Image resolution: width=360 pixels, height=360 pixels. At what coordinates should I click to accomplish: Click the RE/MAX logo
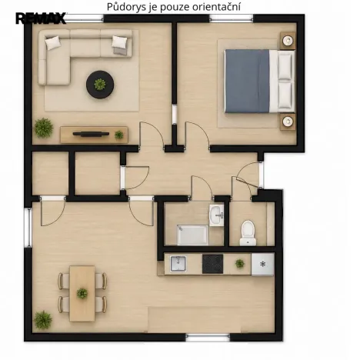(41, 18)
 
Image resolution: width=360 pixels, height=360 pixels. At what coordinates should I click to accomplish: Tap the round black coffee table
(100, 85)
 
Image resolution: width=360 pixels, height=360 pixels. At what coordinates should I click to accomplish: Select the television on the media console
(91, 134)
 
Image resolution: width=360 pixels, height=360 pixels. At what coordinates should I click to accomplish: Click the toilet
(248, 233)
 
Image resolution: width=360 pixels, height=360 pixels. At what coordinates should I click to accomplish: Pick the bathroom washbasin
(216, 215)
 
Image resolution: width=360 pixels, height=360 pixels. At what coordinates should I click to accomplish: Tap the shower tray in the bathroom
(192, 235)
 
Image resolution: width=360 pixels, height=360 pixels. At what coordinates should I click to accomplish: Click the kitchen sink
(178, 264)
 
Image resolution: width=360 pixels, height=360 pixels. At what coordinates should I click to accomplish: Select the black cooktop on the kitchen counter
(212, 264)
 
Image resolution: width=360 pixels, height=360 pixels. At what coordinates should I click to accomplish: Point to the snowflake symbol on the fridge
(262, 264)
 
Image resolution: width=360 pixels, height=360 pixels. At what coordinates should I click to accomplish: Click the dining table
(82, 293)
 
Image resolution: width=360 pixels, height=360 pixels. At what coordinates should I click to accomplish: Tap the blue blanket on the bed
(247, 82)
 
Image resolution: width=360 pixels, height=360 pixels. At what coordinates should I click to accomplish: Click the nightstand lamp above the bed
(288, 40)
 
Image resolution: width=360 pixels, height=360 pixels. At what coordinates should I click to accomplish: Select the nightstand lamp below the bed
(288, 121)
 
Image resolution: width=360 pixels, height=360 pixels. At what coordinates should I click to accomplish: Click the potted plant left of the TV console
(44, 128)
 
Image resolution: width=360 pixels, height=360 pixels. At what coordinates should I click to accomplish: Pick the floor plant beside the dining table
(43, 320)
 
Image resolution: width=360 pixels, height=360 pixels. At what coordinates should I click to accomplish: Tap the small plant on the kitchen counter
(240, 263)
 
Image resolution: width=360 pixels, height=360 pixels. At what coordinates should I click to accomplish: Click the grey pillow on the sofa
(120, 51)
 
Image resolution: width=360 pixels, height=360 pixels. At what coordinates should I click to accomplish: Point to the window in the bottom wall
(208, 338)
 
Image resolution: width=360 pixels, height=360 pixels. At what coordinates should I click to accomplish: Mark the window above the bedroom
(232, 18)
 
